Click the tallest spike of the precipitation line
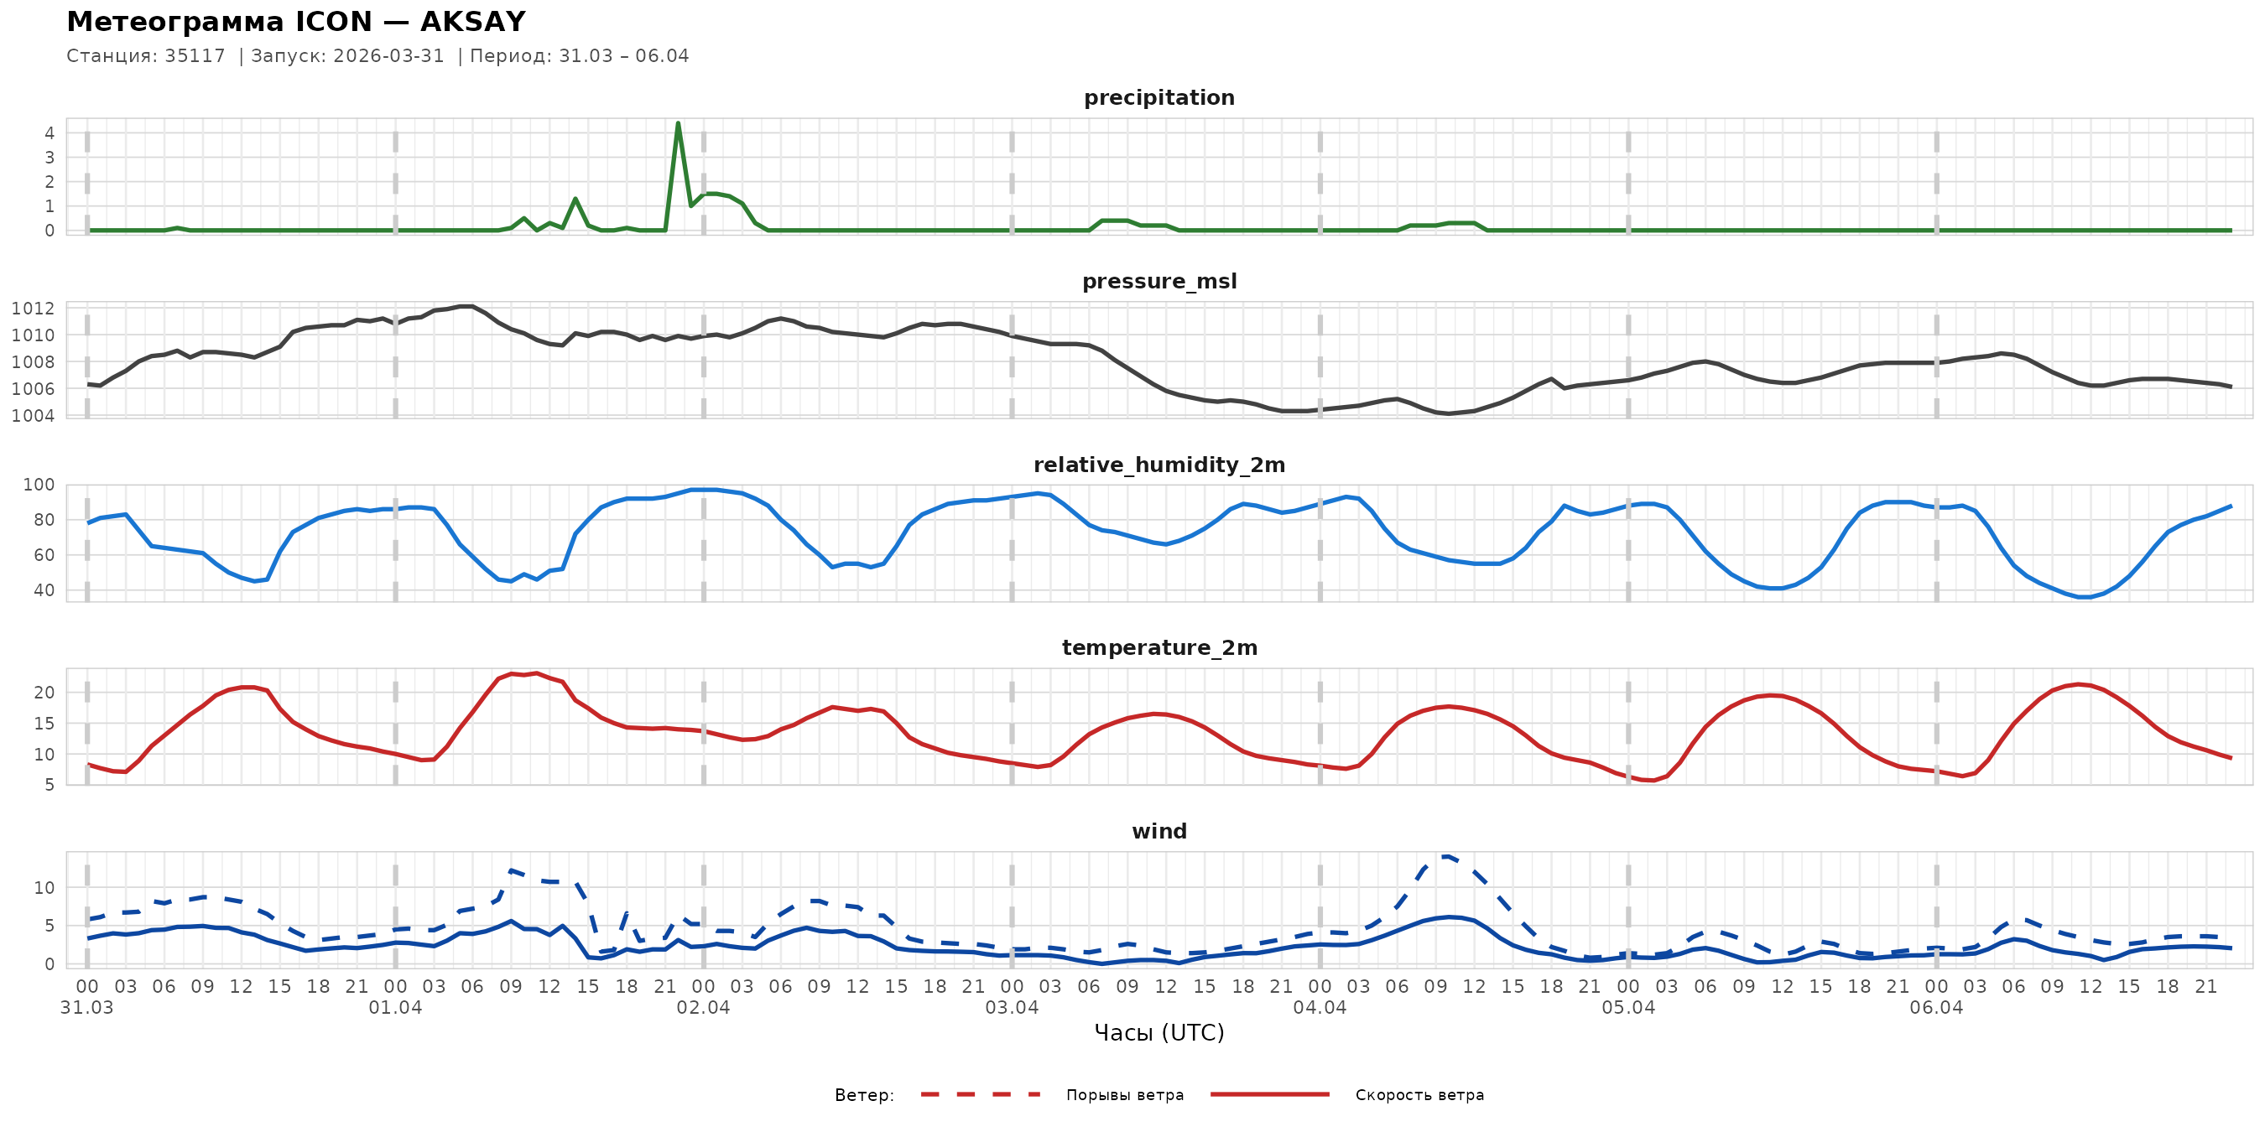[x=678, y=123]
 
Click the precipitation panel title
[x=1159, y=97]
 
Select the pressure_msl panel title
[x=1159, y=281]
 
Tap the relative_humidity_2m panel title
[x=1159, y=465]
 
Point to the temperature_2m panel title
[x=1159, y=647]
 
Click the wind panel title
[x=1159, y=832]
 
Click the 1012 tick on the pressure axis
[x=33, y=309]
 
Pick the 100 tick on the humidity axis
[x=38, y=486]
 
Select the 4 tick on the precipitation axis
[x=49, y=133]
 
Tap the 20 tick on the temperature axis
[x=44, y=693]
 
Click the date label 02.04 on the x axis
[x=704, y=1008]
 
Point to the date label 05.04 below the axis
[x=1628, y=1008]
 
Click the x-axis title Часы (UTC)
[x=1159, y=1033]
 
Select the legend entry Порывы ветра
[x=1125, y=1095]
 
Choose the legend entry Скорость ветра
[x=1419, y=1095]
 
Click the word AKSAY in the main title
[x=473, y=21]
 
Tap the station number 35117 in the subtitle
[x=195, y=56]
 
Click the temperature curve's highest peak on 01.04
[x=536, y=673]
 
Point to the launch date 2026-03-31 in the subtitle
[x=388, y=56]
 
